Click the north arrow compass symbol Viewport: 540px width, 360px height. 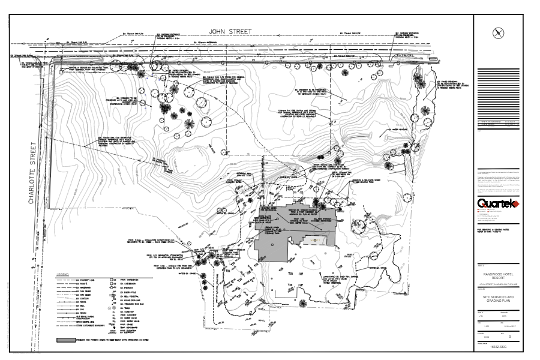tap(497, 33)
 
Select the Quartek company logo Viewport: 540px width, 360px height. tap(497, 205)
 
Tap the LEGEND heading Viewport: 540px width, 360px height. tap(63, 274)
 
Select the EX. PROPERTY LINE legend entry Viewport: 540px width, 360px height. tap(85, 280)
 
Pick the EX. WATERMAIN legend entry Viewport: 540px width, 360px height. tap(85, 288)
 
